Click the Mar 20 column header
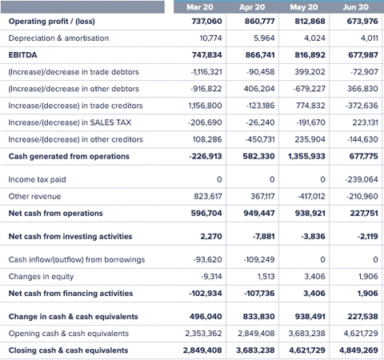(200, 7)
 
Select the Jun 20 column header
(356, 7)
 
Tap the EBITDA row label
(23, 55)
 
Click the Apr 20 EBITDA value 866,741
(260, 55)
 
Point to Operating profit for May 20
(310, 21)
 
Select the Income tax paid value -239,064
(362, 179)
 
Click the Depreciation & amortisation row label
(58, 38)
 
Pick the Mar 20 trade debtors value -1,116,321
(206, 72)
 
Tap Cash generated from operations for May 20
(306, 156)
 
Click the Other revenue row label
(34, 196)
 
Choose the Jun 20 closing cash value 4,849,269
(358, 350)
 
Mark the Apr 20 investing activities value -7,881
(264, 236)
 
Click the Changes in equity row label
(41, 277)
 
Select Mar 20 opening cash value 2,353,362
(203, 334)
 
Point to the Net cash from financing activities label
(70, 294)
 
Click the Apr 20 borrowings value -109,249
(259, 259)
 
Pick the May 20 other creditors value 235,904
(310, 139)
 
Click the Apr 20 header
(252, 7)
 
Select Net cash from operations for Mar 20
(206, 213)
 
